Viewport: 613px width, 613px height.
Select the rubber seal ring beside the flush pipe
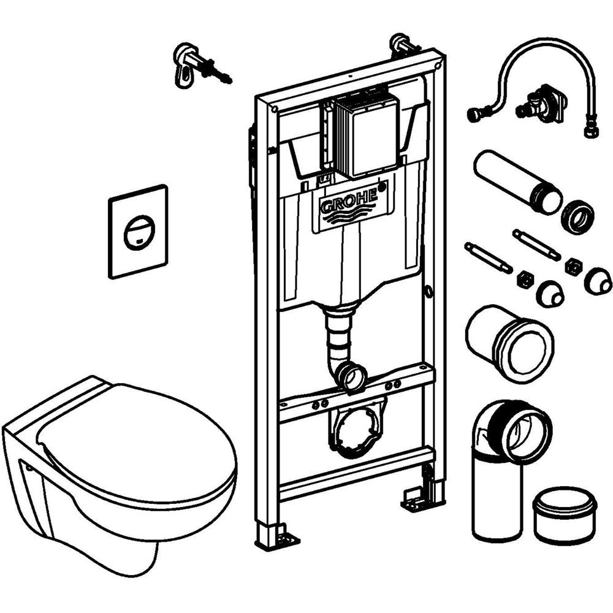point(577,215)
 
